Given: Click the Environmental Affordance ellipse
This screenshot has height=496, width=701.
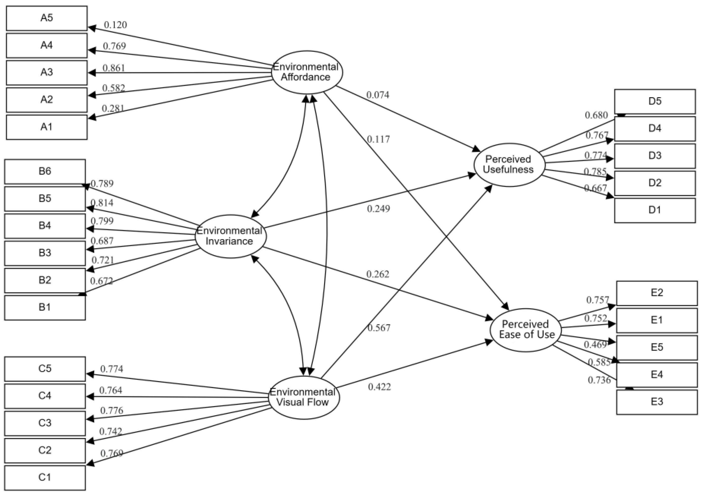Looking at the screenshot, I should pyautogui.click(x=307, y=72).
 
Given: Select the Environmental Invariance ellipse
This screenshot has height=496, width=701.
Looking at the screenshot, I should pyautogui.click(x=230, y=236).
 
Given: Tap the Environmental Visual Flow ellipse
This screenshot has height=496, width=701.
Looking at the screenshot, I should pyautogui.click(x=304, y=398).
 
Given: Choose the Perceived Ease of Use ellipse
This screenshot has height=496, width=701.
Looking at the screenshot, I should pyautogui.click(x=526, y=330).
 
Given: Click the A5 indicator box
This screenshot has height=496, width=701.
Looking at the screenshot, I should pyautogui.click(x=46, y=18).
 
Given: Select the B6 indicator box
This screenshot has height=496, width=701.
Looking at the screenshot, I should pyautogui.click(x=45, y=171).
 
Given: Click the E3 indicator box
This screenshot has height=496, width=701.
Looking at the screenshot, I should pyautogui.click(x=657, y=402).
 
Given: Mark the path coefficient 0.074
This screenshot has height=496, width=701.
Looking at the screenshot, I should pyautogui.click(x=378, y=95).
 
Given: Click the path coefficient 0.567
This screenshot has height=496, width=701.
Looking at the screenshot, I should pyautogui.click(x=379, y=328).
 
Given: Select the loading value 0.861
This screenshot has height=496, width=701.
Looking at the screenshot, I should pyautogui.click(x=113, y=68).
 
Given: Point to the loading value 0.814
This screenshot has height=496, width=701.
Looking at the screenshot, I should pyautogui.click(x=102, y=203).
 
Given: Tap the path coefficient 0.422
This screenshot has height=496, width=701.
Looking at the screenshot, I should pyautogui.click(x=379, y=387).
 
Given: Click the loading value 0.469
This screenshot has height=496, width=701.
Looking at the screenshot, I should pyautogui.click(x=595, y=345).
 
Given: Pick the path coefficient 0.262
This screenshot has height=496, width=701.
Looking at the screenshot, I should pyautogui.click(x=378, y=274).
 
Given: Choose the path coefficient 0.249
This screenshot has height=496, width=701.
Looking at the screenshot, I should pyautogui.click(x=378, y=209).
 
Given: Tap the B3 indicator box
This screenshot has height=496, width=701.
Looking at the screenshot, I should pyautogui.click(x=45, y=253).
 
